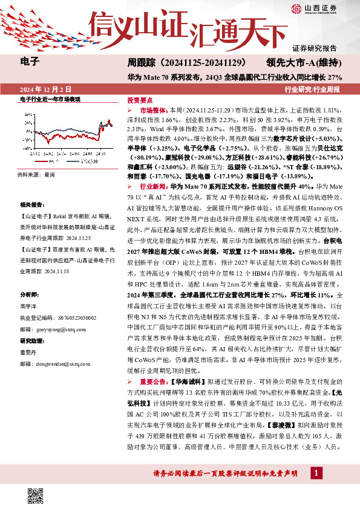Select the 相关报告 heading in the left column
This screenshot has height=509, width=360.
coord(31,206)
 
